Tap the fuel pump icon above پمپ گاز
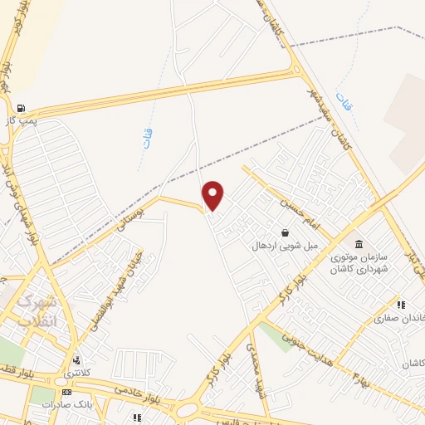coord(20,108)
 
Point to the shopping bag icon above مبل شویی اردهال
coord(286,233)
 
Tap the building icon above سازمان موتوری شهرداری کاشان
coord(359,244)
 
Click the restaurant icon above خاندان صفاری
coord(400,305)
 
